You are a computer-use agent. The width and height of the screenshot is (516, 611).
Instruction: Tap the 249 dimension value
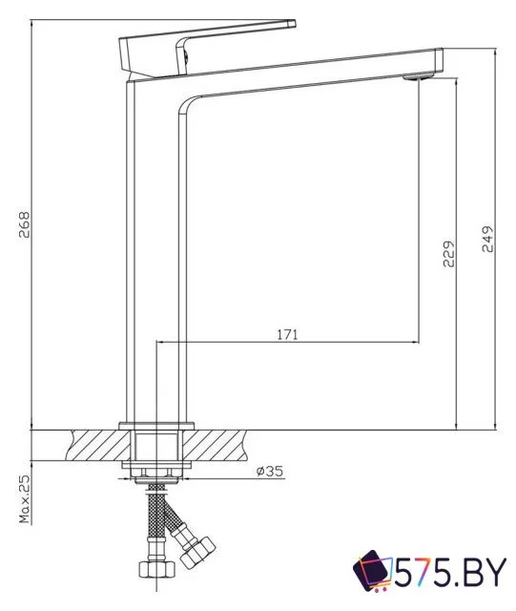pyautogui.click(x=487, y=240)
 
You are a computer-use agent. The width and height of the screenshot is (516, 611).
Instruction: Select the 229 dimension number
pyautogui.click(x=447, y=253)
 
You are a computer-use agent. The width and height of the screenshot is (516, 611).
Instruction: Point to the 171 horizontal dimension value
pyautogui.click(x=287, y=334)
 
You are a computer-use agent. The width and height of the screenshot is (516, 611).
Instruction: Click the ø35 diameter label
pyautogui.click(x=268, y=471)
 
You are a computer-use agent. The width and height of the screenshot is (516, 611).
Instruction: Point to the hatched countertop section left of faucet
pyautogui.click(x=95, y=443)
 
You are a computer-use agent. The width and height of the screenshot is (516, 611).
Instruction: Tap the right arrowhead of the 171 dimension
pyautogui.click(x=416, y=341)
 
